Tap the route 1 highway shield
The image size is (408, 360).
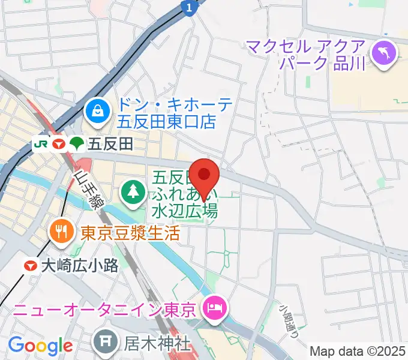(189, 7)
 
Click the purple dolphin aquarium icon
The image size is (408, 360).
(382, 53)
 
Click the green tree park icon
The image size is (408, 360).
(131, 192)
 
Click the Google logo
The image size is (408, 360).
(40, 346)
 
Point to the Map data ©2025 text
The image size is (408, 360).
(358, 350)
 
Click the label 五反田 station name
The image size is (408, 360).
(110, 144)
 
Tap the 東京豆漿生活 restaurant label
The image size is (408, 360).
(130, 232)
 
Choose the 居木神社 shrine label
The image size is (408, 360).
(158, 344)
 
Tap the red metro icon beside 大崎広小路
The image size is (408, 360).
(29, 265)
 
